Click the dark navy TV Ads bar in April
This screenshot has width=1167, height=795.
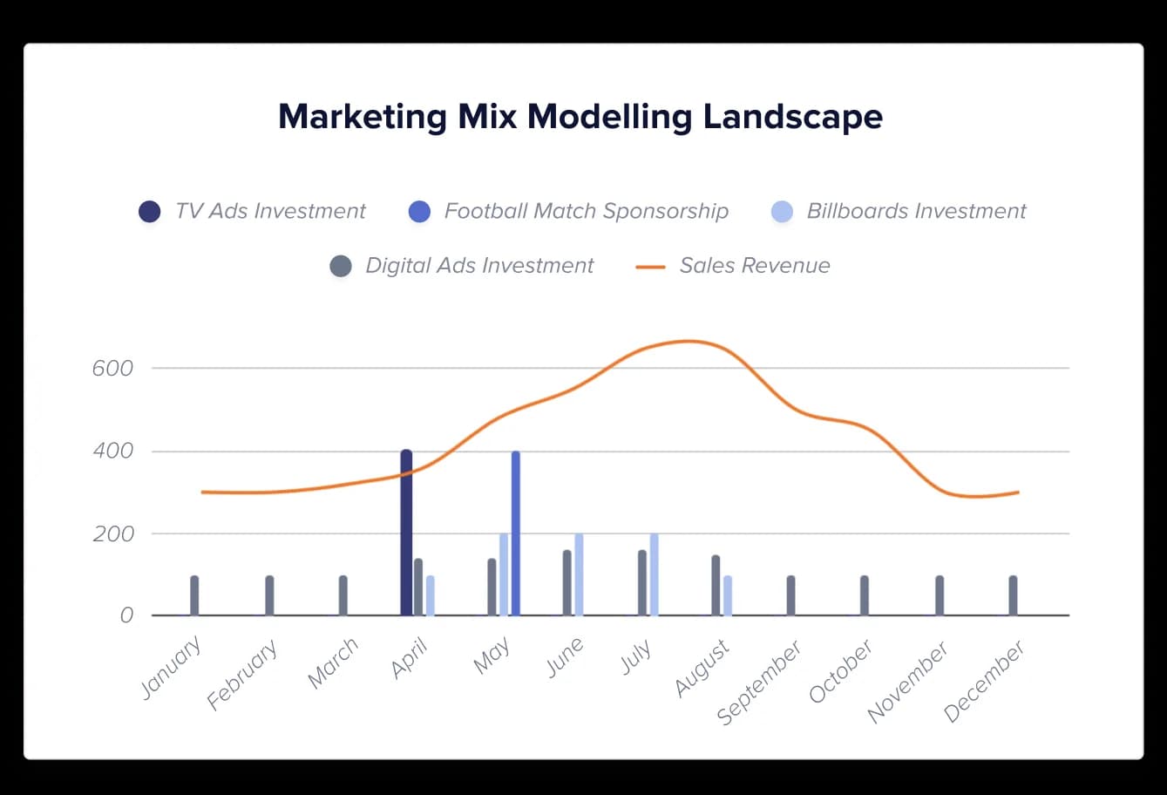tap(406, 533)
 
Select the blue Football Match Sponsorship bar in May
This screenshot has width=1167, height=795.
tap(516, 533)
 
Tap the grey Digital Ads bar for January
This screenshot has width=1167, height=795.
tap(194, 595)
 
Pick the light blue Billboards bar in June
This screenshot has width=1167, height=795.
tap(579, 574)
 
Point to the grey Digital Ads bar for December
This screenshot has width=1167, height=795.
tap(1013, 595)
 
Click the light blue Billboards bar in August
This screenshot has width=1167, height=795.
tap(728, 595)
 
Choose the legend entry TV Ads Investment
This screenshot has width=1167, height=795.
tap(270, 212)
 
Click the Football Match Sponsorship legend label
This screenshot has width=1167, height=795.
tap(586, 212)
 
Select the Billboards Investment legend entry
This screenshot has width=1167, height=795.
tap(916, 212)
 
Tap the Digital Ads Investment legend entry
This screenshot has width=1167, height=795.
tap(479, 266)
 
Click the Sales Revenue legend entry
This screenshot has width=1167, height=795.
tap(754, 266)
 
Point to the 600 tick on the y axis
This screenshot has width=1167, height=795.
tap(112, 369)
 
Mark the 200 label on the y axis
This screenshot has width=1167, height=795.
tap(113, 534)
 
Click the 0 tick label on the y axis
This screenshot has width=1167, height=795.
tap(126, 616)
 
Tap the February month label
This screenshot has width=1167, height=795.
tap(243, 676)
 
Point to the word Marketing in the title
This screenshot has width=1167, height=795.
tap(362, 117)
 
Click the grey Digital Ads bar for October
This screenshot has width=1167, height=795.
tap(865, 595)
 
